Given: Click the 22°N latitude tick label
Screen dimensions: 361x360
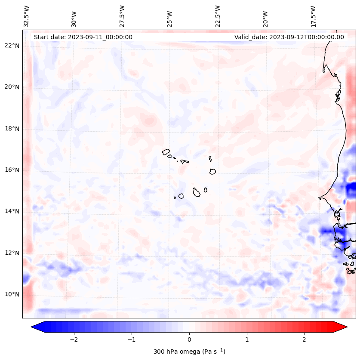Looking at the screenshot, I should click(x=12, y=46).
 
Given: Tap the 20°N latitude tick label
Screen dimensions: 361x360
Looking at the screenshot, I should click(x=12, y=87).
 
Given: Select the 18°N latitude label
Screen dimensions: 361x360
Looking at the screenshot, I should click(x=12, y=129).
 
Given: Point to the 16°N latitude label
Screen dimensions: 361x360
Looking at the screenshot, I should click(x=12, y=170).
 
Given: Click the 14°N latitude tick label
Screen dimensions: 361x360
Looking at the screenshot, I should click(x=12, y=211).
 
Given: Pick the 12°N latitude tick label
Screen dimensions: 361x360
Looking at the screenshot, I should click(x=12, y=253).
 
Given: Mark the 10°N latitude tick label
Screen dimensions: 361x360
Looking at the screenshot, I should click(x=12, y=294).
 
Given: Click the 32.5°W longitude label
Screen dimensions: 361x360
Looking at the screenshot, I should click(x=27, y=16).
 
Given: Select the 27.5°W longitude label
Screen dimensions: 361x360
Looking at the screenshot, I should click(x=122, y=16).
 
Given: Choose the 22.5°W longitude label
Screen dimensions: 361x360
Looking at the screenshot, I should click(x=218, y=16).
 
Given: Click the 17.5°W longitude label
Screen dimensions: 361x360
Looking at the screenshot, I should click(x=313, y=16).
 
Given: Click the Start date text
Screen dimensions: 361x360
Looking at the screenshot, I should click(x=83, y=37).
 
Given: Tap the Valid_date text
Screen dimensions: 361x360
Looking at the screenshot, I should click(x=289, y=37).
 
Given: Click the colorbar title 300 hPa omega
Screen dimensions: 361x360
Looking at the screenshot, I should click(x=189, y=352).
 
